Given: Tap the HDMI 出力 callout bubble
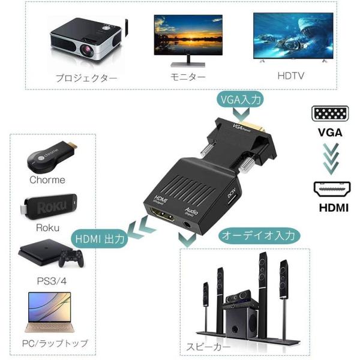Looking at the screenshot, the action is pyautogui.click(x=100, y=238).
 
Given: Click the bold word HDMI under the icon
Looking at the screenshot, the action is pyautogui.click(x=330, y=209).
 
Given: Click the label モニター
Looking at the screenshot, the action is pyautogui.click(x=188, y=77).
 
